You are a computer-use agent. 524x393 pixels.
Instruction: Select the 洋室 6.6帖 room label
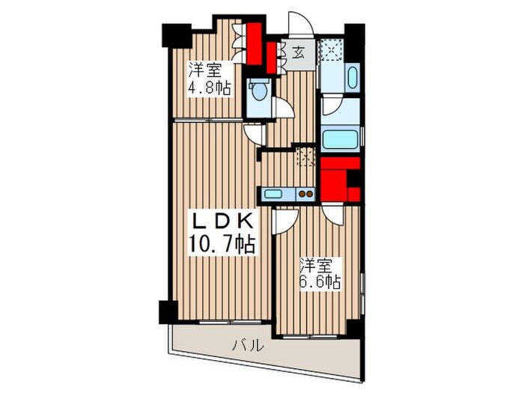point(320,274)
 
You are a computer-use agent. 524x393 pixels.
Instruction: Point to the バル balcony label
point(247,346)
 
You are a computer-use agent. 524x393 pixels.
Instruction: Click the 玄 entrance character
point(297,53)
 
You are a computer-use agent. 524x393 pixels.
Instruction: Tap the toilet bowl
point(259,92)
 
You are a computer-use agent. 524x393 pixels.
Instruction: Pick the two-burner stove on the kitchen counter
point(305,194)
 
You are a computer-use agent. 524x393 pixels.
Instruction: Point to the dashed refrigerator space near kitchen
point(305,156)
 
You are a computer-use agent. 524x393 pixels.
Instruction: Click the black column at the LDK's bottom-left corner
point(167,311)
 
